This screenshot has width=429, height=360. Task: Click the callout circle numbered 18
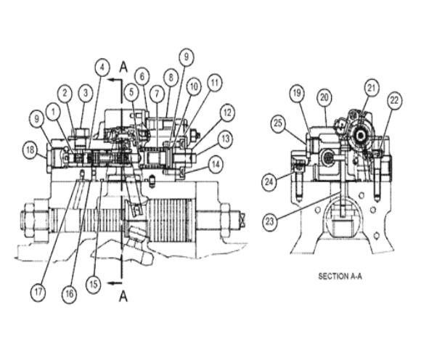(x=30, y=150)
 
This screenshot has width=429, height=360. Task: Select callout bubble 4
(x=102, y=67)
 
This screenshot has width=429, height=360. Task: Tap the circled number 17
(x=38, y=292)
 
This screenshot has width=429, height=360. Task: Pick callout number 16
(x=70, y=294)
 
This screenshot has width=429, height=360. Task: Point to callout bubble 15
(x=94, y=285)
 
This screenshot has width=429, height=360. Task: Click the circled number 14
(x=216, y=165)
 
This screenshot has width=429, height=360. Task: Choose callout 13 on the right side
(x=225, y=139)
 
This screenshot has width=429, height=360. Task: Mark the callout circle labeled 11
(x=215, y=82)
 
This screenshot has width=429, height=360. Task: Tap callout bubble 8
(x=171, y=78)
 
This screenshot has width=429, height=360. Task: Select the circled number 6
(x=142, y=76)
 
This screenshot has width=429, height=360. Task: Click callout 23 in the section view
(x=270, y=221)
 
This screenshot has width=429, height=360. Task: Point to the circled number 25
(x=278, y=123)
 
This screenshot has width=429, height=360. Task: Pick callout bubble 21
(x=372, y=88)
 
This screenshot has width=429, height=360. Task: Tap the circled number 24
(x=269, y=181)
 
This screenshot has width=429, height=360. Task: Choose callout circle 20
(x=324, y=98)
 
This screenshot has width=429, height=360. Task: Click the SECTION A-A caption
(x=340, y=277)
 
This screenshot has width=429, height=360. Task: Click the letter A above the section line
(x=123, y=67)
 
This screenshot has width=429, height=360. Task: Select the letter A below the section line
(x=123, y=297)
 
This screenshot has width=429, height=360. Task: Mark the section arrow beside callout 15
(x=115, y=283)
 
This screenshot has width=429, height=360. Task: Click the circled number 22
(x=394, y=100)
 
